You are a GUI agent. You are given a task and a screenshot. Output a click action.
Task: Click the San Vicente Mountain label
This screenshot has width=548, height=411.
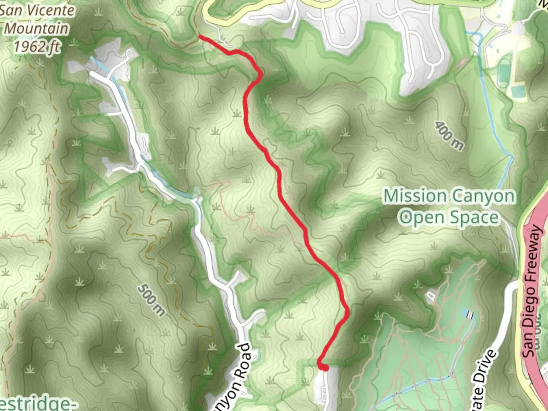[x=37, y=19]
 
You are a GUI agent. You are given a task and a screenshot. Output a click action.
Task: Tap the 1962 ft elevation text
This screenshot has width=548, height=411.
[x=37, y=46]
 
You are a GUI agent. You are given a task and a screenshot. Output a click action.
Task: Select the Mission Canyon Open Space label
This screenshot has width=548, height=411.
[x=449, y=207]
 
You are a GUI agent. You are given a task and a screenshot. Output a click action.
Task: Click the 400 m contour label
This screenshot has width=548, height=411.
[x=449, y=135]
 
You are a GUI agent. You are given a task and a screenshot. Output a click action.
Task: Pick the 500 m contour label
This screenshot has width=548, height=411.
[x=151, y=300]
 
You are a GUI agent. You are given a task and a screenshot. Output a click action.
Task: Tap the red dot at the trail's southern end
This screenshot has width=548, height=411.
[x=325, y=367]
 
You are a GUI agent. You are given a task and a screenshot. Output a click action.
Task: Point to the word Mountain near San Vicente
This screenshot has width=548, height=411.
[x=37, y=29]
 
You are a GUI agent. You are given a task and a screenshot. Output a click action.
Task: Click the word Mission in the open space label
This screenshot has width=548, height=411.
[x=415, y=196]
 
